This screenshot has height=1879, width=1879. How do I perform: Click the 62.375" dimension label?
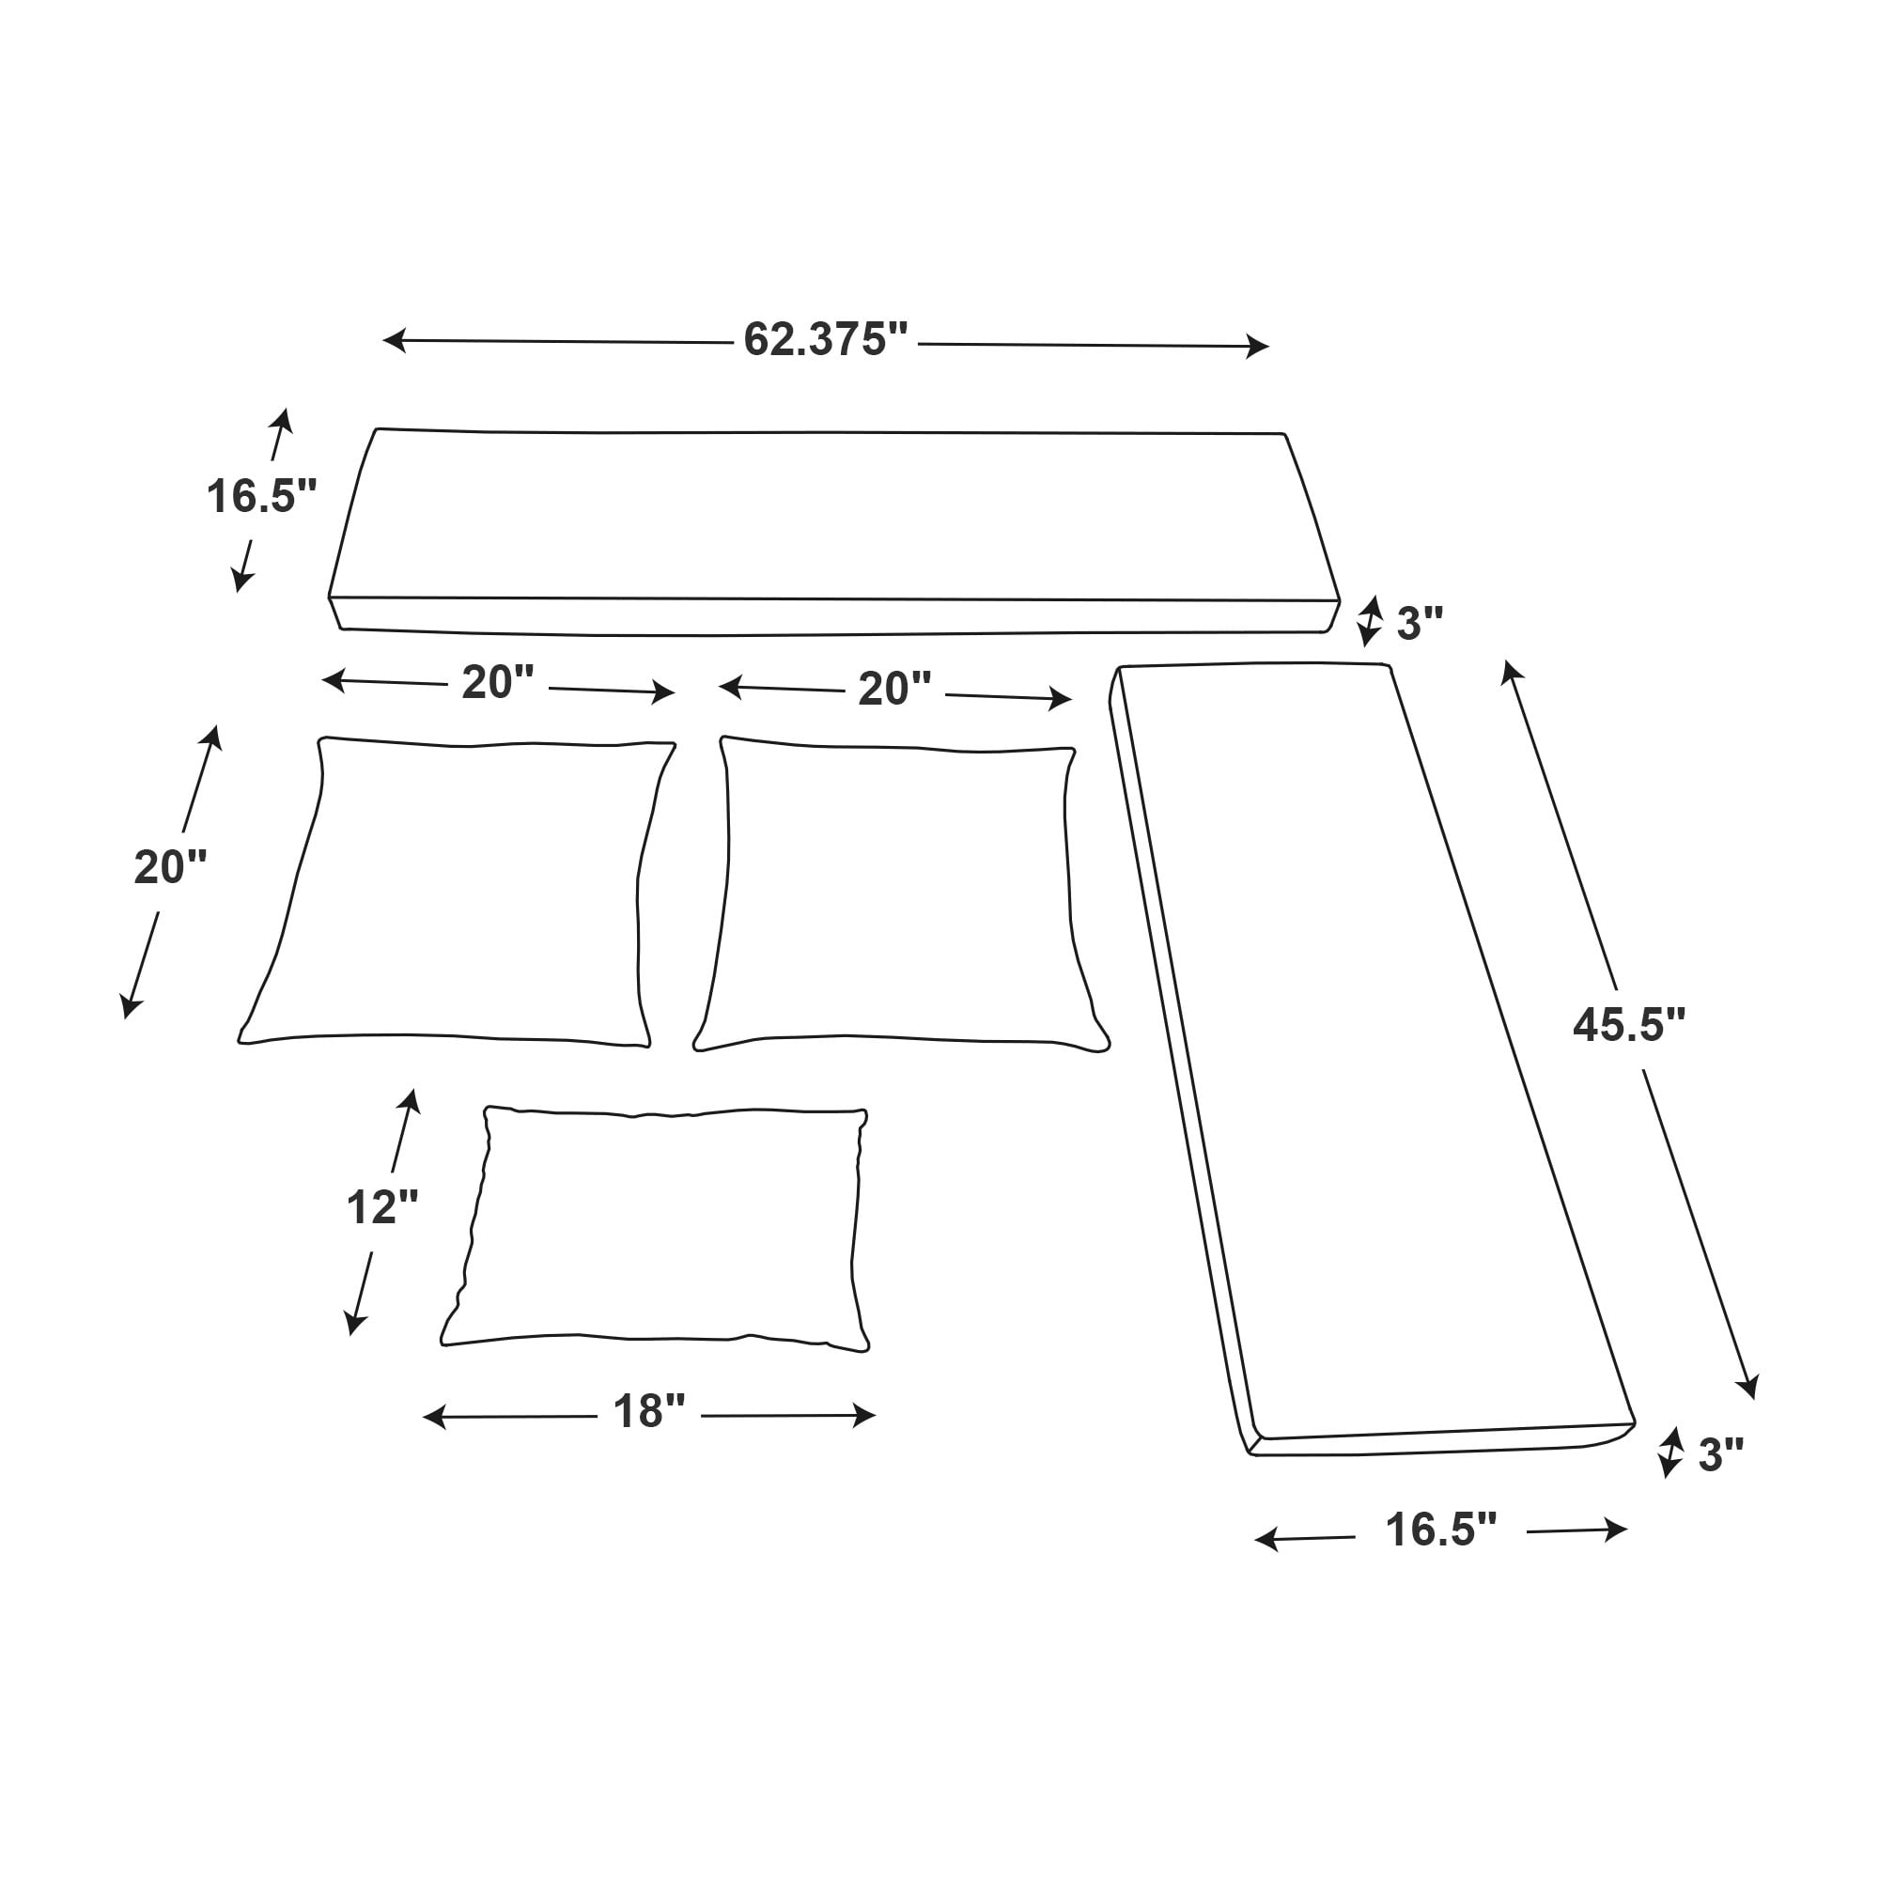point(826,339)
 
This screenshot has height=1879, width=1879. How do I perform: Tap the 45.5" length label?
point(1629,1024)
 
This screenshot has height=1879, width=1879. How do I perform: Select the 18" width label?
point(648,1411)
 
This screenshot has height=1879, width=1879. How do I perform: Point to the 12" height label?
point(382,1207)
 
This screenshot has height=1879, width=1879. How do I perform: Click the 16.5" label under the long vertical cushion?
point(1440,1530)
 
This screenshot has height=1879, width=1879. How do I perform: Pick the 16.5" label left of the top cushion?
point(261,496)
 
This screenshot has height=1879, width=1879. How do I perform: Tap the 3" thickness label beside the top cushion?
point(1420,624)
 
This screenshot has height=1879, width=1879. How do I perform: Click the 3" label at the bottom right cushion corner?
point(1721,1455)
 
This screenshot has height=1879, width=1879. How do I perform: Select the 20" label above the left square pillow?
point(498,683)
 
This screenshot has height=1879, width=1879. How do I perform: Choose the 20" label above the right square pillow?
point(894,689)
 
